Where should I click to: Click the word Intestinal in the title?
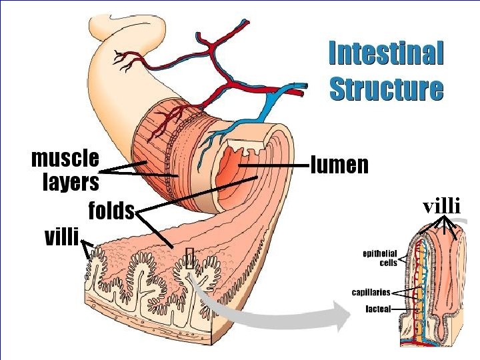(386, 53)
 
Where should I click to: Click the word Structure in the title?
(386, 89)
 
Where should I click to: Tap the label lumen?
(340, 165)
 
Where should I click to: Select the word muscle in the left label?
(65, 159)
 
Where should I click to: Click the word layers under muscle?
(71, 181)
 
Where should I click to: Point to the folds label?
(111, 211)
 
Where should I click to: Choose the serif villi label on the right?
(442, 206)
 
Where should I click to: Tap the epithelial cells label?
(379, 258)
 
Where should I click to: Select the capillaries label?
(371, 292)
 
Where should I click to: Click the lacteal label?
(378, 309)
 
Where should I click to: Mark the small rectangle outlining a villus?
(191, 259)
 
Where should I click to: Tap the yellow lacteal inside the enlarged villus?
(423, 280)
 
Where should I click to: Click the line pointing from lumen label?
(280, 165)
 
